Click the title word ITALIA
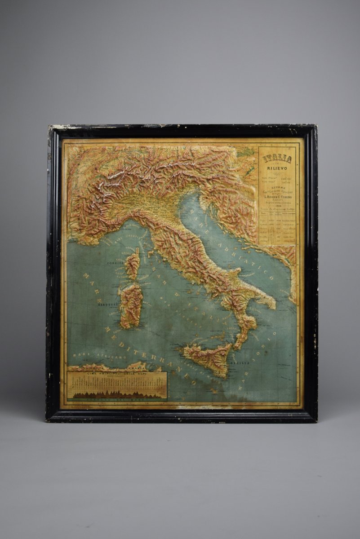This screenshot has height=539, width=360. coord(277,159)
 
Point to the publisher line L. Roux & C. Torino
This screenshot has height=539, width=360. coord(278,197)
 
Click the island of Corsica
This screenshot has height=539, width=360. coord(132,266)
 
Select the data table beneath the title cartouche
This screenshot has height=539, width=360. coord(277,229)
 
